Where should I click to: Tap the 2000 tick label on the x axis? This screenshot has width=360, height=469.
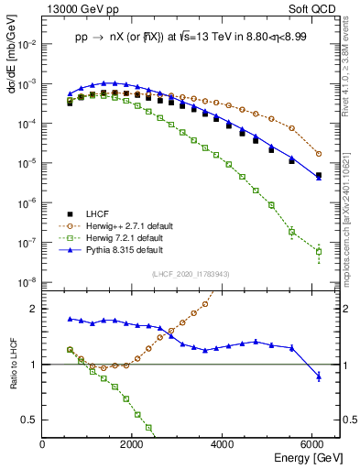[133, 444]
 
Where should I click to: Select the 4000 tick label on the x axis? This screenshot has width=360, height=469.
[224, 444]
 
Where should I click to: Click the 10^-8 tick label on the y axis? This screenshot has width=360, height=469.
[27, 283]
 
